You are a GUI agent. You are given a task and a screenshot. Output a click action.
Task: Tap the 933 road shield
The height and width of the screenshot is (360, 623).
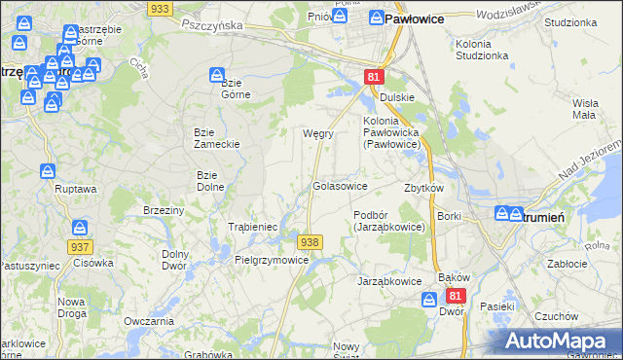coord(162,8)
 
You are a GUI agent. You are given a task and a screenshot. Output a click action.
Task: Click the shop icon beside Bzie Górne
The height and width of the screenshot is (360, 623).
coord(218,75)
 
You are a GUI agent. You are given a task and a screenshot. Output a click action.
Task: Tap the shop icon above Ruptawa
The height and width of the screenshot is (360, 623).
coord(50,171)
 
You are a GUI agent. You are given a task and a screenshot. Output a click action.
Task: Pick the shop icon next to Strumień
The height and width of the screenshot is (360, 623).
coord(502,213)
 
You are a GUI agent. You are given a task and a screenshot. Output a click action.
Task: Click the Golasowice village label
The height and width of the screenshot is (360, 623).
coord(339,185)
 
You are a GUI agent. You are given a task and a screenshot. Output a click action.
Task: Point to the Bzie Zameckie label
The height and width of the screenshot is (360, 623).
coord(217,137)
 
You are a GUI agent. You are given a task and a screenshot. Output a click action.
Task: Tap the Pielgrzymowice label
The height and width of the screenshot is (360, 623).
coord(272,260)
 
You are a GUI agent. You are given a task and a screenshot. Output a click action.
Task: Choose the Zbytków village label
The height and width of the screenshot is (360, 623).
coord(423,188)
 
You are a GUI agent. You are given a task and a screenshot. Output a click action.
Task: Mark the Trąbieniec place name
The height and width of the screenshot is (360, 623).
coord(253,227)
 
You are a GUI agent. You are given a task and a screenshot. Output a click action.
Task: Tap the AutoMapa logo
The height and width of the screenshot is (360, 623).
coord(562,342)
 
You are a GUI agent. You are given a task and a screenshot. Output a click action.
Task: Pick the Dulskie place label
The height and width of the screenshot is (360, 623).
coord(397,97)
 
